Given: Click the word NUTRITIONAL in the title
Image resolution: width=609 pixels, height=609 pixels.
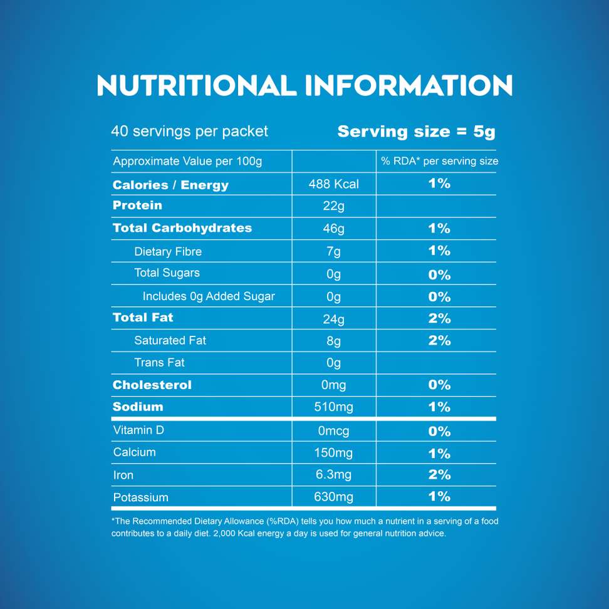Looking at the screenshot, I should coord(196,85).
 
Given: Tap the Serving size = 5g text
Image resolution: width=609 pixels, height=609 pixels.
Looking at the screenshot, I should coord(416,132).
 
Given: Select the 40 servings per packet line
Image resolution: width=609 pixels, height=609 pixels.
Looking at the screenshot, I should coord(189,132).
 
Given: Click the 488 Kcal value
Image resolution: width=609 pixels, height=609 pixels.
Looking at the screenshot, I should coord(334,184).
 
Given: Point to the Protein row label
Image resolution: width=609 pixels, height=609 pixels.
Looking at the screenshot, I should coord(137,206).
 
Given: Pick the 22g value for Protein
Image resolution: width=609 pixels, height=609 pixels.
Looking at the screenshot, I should coord(334,207).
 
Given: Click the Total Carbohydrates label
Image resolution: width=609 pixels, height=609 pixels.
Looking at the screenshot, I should coord(182,228).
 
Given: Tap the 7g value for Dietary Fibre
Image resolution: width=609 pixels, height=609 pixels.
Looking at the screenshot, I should coord(334,252).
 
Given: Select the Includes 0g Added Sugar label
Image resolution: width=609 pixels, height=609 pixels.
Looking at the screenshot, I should coord(209,296).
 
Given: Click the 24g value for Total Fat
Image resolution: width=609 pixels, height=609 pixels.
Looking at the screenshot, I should coord(334,319).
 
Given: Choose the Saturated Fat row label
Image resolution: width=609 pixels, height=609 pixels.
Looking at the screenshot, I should coord(170,340).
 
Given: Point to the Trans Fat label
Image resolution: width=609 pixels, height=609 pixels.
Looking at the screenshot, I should coord(159,363).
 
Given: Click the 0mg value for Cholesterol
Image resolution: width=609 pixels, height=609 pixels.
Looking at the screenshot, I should coord(334,385).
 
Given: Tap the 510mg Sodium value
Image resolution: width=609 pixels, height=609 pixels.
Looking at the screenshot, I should coord(334,407).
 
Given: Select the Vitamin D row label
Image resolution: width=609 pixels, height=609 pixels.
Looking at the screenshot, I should coord(138,430).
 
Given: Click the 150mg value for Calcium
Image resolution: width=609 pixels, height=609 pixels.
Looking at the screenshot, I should coord(334,453).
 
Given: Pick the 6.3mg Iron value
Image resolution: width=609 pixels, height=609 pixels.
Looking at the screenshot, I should coord(334,475).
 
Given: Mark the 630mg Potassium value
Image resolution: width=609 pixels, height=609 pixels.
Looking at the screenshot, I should coord(334,497).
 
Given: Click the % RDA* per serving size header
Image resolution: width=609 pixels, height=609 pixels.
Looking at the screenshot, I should coord(439,162).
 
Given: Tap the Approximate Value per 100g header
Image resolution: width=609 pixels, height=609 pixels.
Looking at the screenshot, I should coord(187,162).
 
